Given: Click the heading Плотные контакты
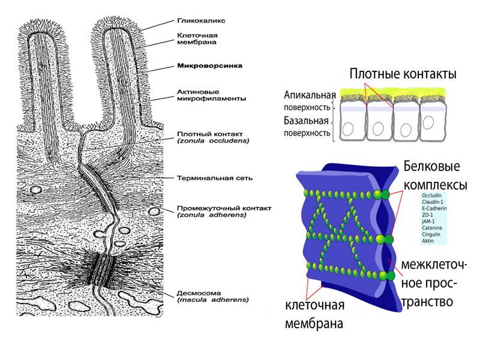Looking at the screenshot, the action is pyautogui.click(x=403, y=74).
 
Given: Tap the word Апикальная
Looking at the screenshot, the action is pyautogui.click(x=309, y=95).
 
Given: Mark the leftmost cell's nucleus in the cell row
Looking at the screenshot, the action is pyautogui.click(x=349, y=128).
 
